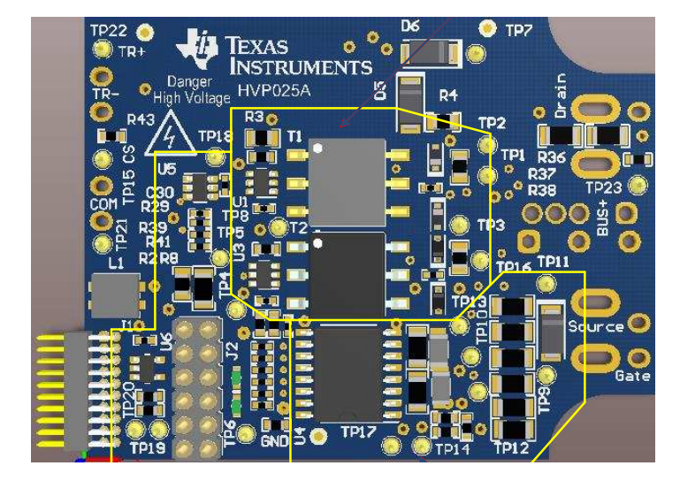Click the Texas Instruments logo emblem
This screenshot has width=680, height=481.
coord(196,48)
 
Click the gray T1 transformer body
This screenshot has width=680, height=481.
coord(347,181)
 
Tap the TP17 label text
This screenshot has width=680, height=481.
coord(359,433)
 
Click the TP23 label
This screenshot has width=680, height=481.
coord(604,187)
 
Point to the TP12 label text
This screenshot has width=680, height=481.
coord(511,448)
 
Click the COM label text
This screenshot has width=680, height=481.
coord(104,204)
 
